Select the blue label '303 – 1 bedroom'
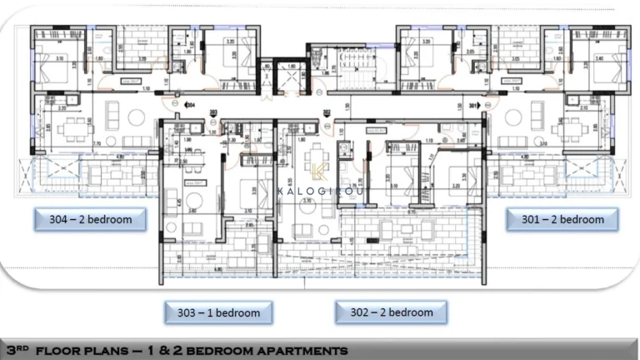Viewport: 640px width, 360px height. tap(218, 313)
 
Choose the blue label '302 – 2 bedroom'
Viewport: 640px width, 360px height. tap(391, 312)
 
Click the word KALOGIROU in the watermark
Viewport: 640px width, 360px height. tap(320, 191)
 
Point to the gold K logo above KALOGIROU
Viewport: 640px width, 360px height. tap(320, 172)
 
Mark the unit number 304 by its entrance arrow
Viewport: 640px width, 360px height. tap(191, 106)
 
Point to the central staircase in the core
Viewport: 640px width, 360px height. tap(349, 71)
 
